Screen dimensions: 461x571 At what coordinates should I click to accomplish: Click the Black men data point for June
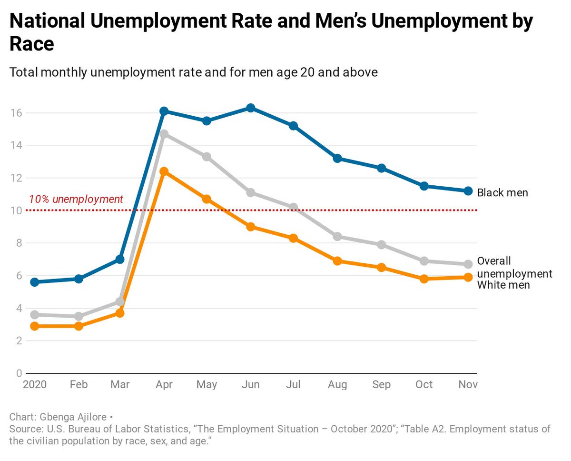click(x=250, y=108)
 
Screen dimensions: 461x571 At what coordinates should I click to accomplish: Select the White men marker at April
click(x=164, y=171)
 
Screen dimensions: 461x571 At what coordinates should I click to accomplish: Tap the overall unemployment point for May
click(x=207, y=157)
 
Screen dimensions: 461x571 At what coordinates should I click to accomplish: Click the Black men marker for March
click(x=120, y=260)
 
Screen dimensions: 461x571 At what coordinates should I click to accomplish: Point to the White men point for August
click(x=337, y=261)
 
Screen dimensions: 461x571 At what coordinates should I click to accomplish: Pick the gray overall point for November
click(x=468, y=264)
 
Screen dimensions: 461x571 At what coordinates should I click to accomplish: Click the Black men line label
click(x=502, y=193)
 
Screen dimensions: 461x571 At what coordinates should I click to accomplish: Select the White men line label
click(x=503, y=285)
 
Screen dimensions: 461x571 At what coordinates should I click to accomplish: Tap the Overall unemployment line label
click(x=514, y=267)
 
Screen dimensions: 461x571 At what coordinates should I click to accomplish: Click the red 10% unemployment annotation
click(x=76, y=200)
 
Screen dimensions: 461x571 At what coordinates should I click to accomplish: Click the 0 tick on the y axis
click(x=19, y=373)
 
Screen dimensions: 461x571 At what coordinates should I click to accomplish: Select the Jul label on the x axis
click(x=294, y=384)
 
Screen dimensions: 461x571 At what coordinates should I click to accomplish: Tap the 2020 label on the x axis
click(x=35, y=384)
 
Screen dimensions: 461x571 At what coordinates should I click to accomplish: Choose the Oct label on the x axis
click(x=424, y=384)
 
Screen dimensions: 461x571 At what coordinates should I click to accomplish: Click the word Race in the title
click(x=31, y=44)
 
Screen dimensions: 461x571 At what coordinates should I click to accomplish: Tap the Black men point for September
click(x=381, y=168)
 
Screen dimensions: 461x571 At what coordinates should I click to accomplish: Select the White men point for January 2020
click(x=35, y=326)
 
